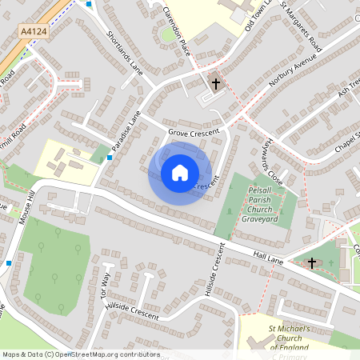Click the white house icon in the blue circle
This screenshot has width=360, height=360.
(x=180, y=173)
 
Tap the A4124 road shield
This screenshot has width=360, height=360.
(x=32, y=31)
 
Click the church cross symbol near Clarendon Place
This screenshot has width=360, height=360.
(x=214, y=83)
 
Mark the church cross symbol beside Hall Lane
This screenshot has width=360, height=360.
(x=311, y=262)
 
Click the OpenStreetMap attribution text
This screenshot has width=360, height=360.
(x=80, y=354)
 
